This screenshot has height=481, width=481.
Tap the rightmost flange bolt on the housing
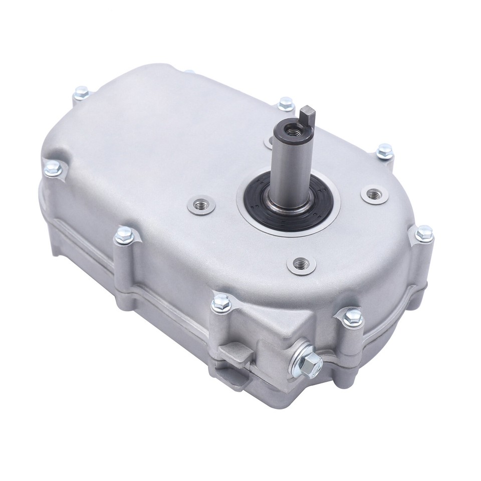(x=424, y=232)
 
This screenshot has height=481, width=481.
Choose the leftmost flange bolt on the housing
(x=52, y=169)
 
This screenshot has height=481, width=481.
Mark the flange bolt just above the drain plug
(x=353, y=316)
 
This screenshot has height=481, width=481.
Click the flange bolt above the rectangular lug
(x=218, y=301)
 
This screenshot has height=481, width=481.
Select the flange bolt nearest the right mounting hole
(x=384, y=150)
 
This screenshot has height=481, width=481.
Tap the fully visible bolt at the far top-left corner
(x=81, y=92)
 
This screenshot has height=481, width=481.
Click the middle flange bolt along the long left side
(x=123, y=234)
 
